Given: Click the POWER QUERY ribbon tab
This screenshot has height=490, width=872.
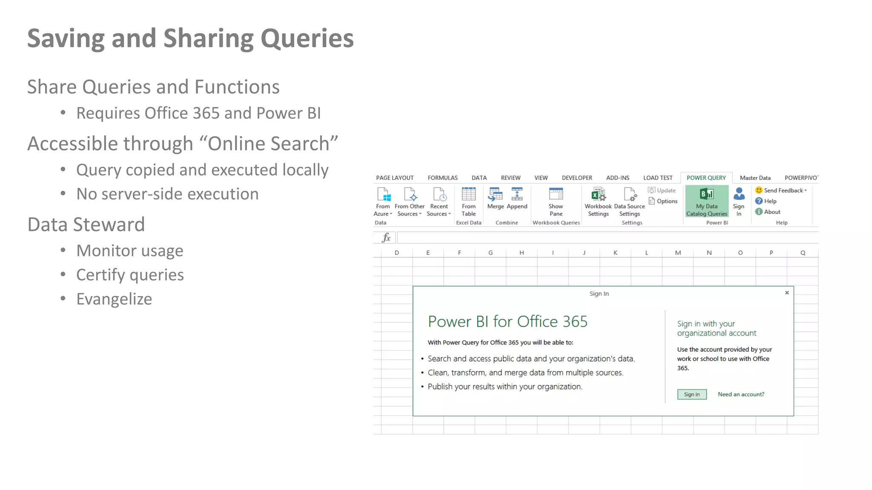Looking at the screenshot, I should [x=706, y=178].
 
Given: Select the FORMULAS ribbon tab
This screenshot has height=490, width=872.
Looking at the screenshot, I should [x=442, y=178].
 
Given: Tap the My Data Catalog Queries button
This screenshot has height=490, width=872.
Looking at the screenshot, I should [x=707, y=202].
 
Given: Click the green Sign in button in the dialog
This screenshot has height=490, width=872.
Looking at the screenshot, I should [x=691, y=394].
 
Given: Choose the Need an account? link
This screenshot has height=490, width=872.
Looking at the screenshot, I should [x=741, y=394].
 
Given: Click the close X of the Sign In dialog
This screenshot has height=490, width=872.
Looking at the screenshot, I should [x=787, y=293].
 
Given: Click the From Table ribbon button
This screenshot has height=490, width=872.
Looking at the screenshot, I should [x=468, y=202].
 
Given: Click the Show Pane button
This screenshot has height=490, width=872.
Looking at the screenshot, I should [x=556, y=202].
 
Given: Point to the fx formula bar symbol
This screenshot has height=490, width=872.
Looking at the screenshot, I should [x=386, y=237].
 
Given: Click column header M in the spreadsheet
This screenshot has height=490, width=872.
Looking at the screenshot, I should [x=678, y=253].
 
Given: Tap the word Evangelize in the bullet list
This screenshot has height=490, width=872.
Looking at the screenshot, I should [x=114, y=299].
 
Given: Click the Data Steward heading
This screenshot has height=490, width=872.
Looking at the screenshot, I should [x=86, y=225].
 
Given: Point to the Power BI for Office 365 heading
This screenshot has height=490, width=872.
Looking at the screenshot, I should [x=508, y=322].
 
